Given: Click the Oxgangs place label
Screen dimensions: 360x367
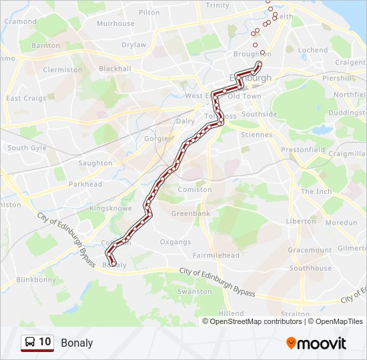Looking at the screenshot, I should click(175, 242).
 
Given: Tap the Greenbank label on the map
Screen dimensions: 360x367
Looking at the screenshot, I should click(191, 213).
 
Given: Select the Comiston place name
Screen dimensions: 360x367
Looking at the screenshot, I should click(195, 190).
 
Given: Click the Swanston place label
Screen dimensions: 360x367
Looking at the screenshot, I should click(195, 292).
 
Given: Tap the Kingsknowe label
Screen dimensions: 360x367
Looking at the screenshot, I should click(108, 208).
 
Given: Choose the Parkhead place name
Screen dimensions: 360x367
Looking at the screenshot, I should click(85, 184).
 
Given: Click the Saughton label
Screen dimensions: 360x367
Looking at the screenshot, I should click(95, 163).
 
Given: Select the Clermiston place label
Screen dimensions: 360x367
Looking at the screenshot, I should click(62, 69).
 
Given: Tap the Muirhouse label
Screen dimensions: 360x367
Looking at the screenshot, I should click(115, 23).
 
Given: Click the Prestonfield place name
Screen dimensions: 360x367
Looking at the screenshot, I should click(302, 150).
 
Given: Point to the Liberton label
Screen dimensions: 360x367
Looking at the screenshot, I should click(301, 221).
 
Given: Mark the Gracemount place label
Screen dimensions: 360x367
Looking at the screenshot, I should click(310, 250).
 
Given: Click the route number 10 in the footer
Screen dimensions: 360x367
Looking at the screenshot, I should click(45, 342).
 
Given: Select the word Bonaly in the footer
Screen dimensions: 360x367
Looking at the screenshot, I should click(77, 343).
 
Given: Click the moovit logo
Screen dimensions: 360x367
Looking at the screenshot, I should click(316, 343).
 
